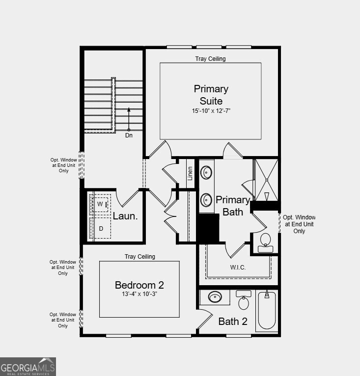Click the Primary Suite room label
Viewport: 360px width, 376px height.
(211, 95)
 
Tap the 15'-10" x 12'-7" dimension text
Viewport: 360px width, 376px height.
(211, 111)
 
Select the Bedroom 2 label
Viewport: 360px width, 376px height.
(139, 285)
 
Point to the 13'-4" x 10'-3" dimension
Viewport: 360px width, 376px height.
(139, 295)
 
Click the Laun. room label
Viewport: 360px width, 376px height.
(125, 216)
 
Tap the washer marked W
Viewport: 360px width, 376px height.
(101, 204)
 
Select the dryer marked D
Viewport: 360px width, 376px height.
(101, 228)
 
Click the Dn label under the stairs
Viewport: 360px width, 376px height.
(129, 135)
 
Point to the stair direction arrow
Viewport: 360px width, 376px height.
(129, 118)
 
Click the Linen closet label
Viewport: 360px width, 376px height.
(190, 173)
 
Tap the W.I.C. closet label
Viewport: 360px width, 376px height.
(238, 268)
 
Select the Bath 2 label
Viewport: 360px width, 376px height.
(233, 322)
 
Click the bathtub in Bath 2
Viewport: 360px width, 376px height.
(267, 310)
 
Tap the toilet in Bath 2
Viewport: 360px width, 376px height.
(244, 300)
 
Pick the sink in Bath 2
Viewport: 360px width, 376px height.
(215, 297)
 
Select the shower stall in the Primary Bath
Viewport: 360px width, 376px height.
(266, 180)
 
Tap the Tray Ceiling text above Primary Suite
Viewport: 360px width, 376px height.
(210, 59)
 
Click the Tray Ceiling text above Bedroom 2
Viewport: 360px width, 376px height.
(139, 256)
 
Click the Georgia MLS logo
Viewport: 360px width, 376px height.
(28, 367)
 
